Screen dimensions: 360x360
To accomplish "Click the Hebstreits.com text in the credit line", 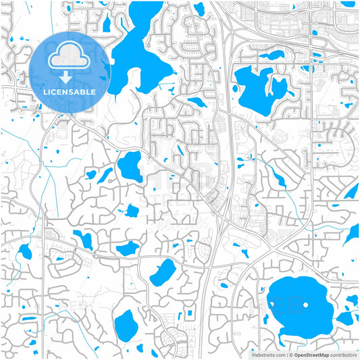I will pyautogui.click(x=268, y=355).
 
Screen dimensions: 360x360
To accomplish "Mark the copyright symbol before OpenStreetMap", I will pyautogui.click(x=291, y=355).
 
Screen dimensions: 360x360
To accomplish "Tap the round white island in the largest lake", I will pyautogui.click(x=306, y=305).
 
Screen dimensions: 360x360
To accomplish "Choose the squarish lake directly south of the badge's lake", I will pyautogui.click(x=130, y=165).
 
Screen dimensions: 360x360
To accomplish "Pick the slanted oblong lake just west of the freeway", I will pyautogui.click(x=162, y=272).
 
